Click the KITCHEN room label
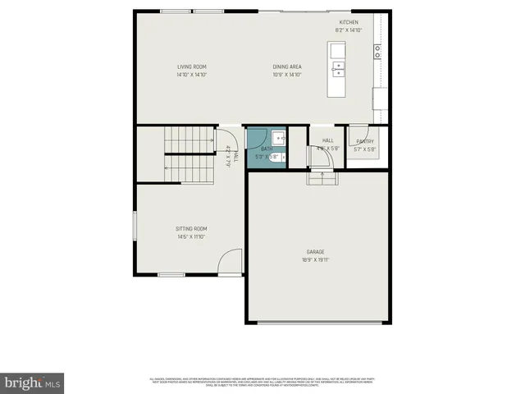349,23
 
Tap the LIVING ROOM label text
190,67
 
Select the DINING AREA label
286,67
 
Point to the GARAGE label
316,252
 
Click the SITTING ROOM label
190,229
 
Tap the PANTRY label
363,141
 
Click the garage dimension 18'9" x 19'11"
316,259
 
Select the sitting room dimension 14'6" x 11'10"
190,236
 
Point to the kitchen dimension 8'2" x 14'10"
349,30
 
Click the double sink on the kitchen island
338,68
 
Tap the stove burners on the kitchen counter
378,52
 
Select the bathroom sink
279,138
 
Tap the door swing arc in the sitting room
231,262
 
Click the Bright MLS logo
32,383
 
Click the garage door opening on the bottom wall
318,323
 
